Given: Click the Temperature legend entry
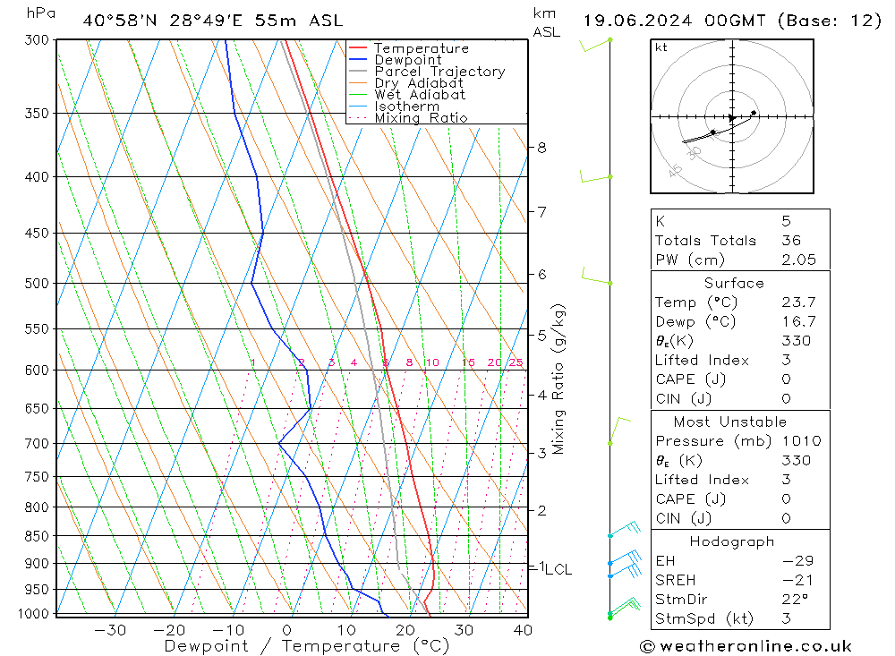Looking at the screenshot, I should [x=421, y=48].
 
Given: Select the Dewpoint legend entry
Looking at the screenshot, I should [x=407, y=60].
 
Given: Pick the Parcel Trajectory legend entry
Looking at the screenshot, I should [x=439, y=72].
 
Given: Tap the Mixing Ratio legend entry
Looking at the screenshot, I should [x=421, y=118].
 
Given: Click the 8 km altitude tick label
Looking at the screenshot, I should [x=542, y=148].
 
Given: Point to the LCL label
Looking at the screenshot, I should [x=558, y=569].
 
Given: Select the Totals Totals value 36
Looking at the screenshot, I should [x=791, y=240].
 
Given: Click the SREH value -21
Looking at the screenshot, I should [x=795, y=580].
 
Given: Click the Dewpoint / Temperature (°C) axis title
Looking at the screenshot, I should [x=306, y=646].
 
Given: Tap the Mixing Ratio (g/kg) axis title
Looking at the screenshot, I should [x=558, y=379].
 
